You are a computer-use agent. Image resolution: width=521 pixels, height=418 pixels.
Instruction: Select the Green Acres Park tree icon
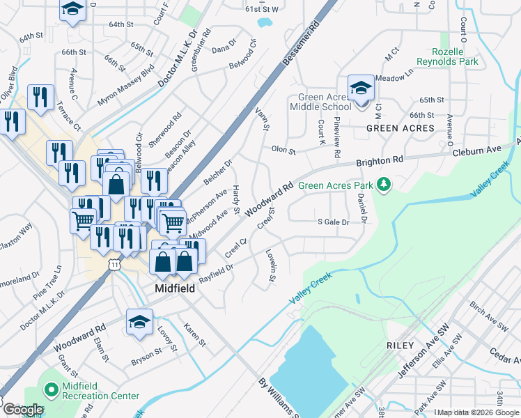coord(382,185)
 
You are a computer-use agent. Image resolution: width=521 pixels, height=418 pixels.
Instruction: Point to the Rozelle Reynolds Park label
coord(447,56)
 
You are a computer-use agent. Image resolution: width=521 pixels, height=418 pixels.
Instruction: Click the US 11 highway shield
coord(114,265)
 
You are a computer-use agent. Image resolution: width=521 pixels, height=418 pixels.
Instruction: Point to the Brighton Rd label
coord(380,160)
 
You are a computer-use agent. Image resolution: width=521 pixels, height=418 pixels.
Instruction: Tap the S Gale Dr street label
coord(332,222)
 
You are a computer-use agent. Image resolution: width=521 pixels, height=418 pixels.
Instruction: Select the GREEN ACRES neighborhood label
coord(401,128)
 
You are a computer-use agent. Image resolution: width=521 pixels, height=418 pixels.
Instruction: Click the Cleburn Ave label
coord(477,150)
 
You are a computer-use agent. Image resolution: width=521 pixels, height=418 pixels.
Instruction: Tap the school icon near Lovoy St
coord(139,323)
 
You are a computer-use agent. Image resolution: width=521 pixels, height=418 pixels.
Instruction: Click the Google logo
coord(22,410)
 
